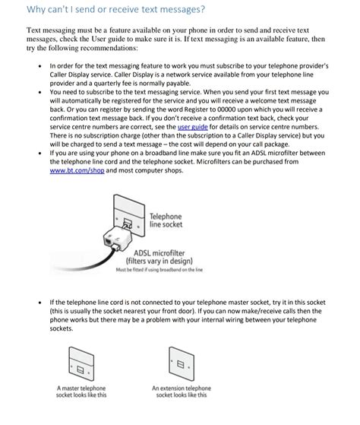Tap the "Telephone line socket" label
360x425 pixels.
166,220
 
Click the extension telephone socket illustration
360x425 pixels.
181,362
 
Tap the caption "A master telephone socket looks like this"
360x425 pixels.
82,392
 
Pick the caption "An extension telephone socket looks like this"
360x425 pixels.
182,392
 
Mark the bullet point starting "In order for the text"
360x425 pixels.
39,67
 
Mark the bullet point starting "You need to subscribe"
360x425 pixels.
39,92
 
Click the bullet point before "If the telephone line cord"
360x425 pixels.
39,302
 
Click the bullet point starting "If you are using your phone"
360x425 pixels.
39,152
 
